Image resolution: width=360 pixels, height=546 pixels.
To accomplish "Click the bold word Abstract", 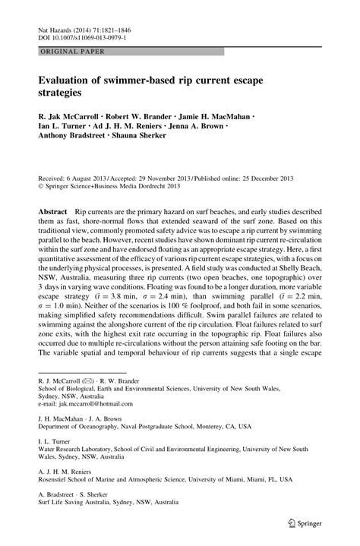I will click(x=55, y=207).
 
